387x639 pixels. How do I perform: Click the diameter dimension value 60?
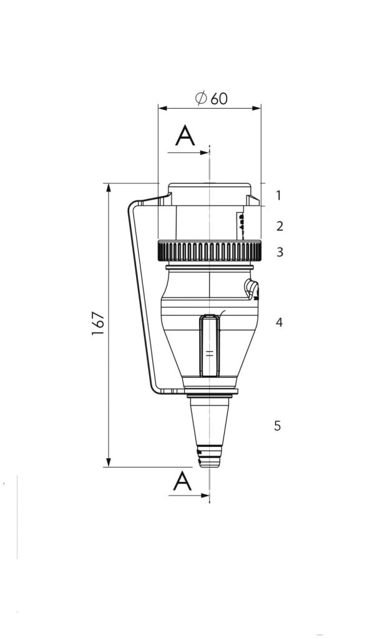pyautogui.click(x=219, y=99)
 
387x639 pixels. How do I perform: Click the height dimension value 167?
pyautogui.click(x=98, y=324)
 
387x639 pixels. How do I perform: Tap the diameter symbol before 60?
pyautogui.click(x=201, y=98)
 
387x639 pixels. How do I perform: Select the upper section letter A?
pyautogui.click(x=185, y=135)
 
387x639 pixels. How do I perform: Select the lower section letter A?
pyautogui.click(x=182, y=481)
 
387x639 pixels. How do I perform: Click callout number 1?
pyautogui.click(x=278, y=195)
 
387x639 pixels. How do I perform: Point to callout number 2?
pyautogui.click(x=280, y=226)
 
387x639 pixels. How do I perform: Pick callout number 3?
pyautogui.click(x=280, y=252)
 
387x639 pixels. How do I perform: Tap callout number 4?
pyautogui.click(x=279, y=323)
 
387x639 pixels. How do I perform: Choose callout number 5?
pyautogui.click(x=278, y=426)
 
